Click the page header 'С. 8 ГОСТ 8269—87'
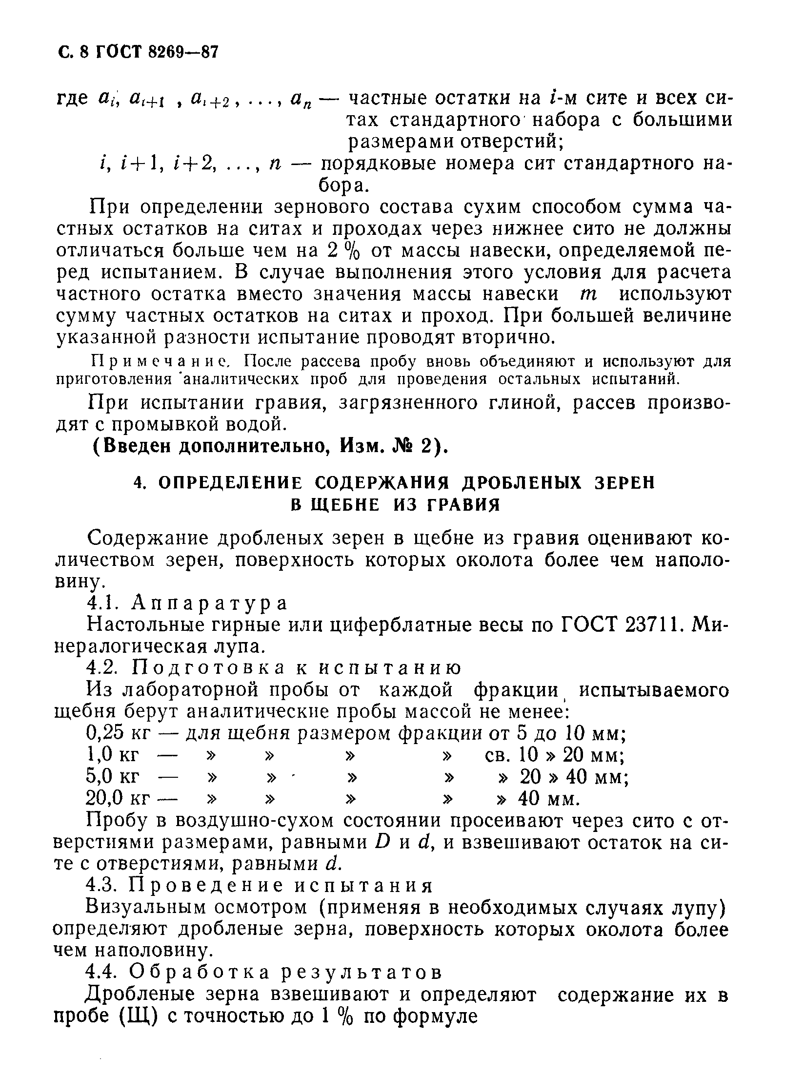(137, 53)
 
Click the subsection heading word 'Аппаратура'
(210, 603)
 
